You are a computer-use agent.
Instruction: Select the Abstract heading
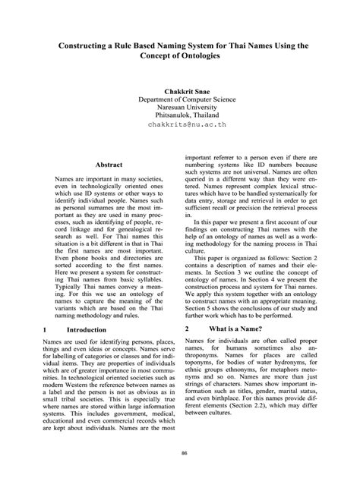pyautogui.click(x=108, y=164)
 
